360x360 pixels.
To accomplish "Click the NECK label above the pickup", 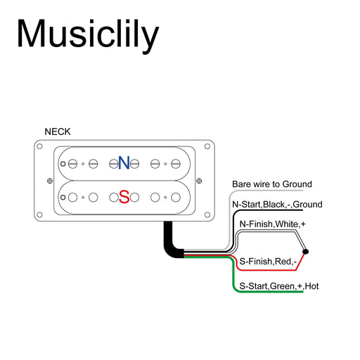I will pos(58,131).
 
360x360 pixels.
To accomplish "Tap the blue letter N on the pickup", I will pos(124,163).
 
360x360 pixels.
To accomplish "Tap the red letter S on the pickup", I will pos(124,197).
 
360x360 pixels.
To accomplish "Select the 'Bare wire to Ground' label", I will pos(271,184).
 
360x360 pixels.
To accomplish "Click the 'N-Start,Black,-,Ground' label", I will pos(276,205).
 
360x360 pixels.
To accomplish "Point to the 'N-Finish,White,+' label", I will pos(273,224).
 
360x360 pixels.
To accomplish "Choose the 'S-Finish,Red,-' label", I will pos(269,262).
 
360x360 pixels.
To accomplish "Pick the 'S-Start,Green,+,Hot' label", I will pos(279,286).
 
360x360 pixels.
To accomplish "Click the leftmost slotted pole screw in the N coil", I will pos(72,164).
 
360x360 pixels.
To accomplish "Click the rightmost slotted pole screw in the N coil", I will pos(176,164).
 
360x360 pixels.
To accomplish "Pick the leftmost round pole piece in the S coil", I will pos(72,197).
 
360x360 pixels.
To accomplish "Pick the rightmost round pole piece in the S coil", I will pos(176,197).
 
